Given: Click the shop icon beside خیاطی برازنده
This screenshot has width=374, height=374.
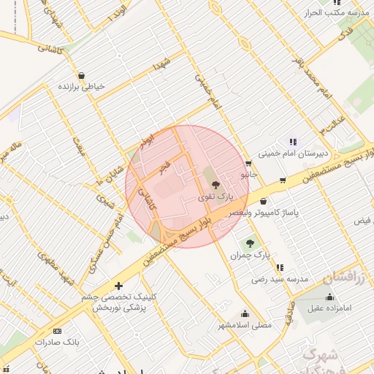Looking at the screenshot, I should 80,75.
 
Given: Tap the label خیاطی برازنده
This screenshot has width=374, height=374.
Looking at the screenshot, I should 81,86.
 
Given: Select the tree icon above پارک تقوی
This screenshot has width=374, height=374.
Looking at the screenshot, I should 214,186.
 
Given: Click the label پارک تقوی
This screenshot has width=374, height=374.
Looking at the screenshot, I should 215,197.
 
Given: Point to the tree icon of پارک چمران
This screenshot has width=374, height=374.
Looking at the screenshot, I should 251,243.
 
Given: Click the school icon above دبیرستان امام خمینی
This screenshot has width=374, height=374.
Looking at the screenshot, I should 293,142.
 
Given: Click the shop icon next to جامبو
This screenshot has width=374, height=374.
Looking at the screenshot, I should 249,164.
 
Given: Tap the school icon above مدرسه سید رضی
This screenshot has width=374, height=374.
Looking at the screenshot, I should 278,267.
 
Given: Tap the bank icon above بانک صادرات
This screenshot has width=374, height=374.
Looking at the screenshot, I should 58,330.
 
